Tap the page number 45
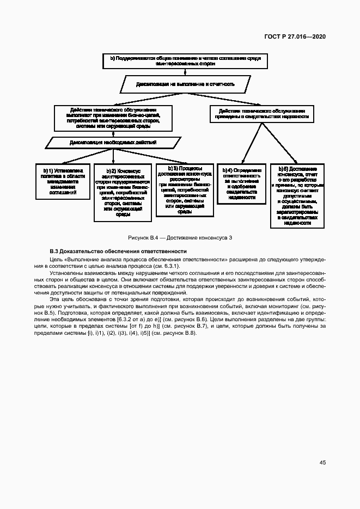(x=322, y=463)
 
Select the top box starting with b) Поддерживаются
(x=186, y=61)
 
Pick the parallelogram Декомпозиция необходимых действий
(x=113, y=143)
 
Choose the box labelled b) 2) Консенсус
(x=123, y=192)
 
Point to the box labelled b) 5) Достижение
(x=297, y=195)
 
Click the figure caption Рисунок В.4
(x=180, y=238)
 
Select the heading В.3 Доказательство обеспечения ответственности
(x=118, y=251)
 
